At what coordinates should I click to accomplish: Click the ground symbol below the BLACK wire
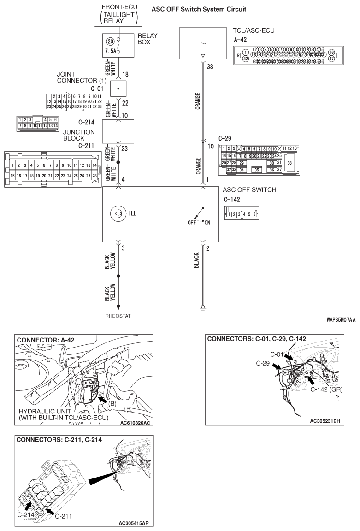[x=202, y=309]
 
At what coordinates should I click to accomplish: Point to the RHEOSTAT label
[x=119, y=317]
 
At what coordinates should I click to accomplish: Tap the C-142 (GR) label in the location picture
[x=329, y=389]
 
